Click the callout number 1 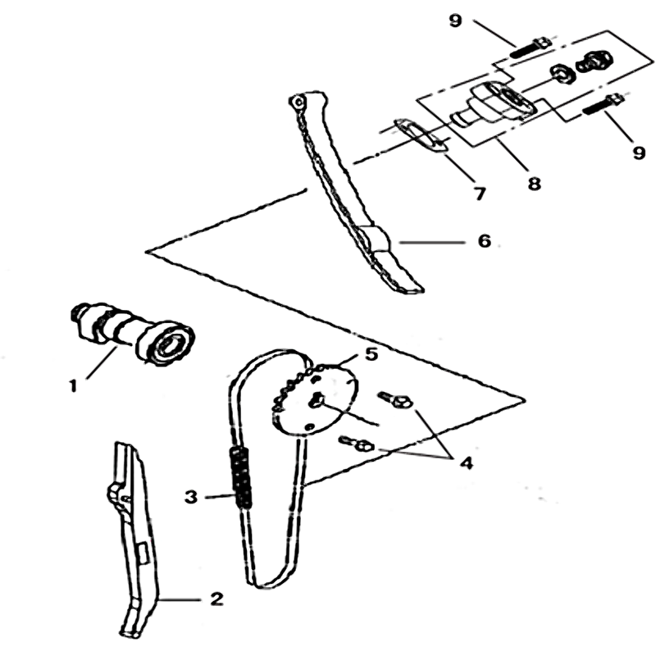74,385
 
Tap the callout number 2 216,599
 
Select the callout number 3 191,497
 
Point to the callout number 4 466,462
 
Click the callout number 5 371,354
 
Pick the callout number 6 484,240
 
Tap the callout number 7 480,194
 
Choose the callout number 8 534,183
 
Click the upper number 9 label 455,20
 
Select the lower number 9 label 639,153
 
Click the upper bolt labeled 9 530,48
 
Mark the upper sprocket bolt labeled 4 395,400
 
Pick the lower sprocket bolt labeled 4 357,444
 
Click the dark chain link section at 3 240,476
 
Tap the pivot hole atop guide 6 298,102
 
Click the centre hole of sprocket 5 317,399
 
